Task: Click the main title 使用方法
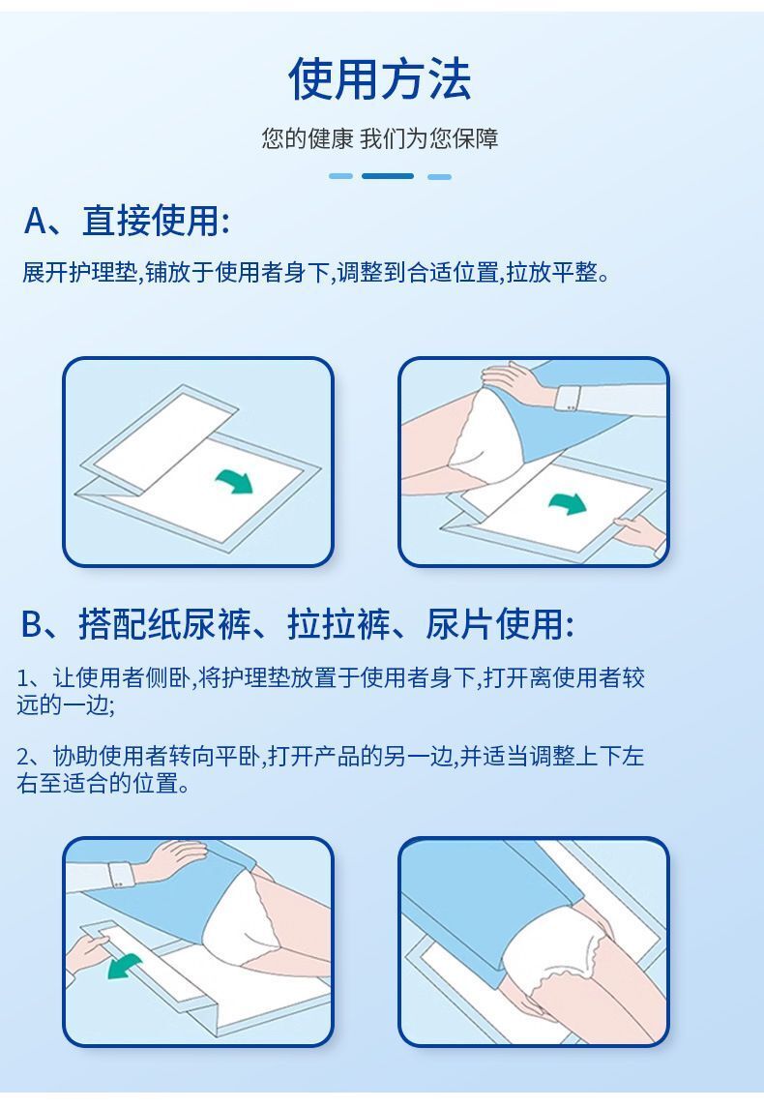(380, 79)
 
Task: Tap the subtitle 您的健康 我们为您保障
(380, 138)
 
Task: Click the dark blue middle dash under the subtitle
(387, 176)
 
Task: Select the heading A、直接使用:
(127, 221)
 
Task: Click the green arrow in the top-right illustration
(568, 503)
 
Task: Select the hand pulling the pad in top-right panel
(638, 531)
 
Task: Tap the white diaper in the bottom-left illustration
(248, 914)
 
